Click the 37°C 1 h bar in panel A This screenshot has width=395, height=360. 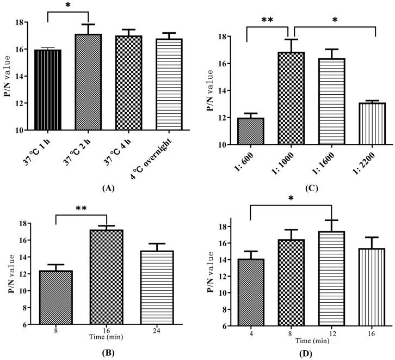(x=47, y=90)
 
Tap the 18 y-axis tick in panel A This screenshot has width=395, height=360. (x=21, y=22)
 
